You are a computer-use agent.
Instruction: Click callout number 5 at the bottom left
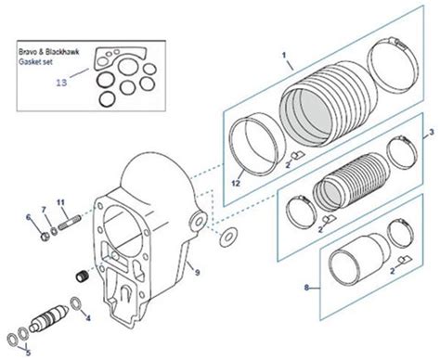point(28,352)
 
